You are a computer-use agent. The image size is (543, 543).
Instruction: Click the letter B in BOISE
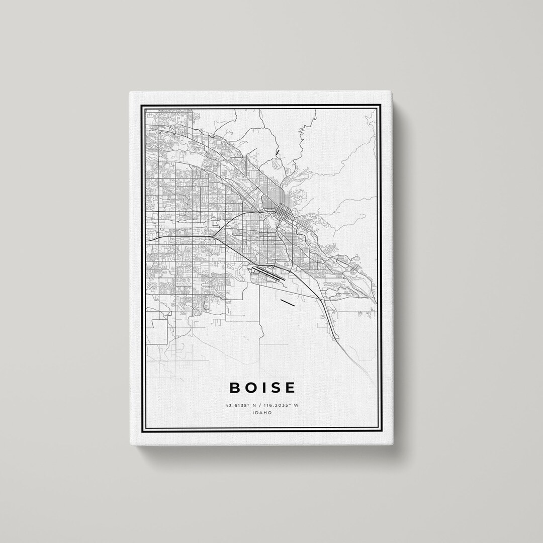235,388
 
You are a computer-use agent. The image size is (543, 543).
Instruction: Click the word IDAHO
263,413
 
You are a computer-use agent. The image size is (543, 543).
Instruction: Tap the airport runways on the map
269,274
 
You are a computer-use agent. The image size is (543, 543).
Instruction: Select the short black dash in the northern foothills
277,152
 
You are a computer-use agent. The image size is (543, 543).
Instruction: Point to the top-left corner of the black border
141,104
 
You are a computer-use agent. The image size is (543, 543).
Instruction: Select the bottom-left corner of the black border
141,431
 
